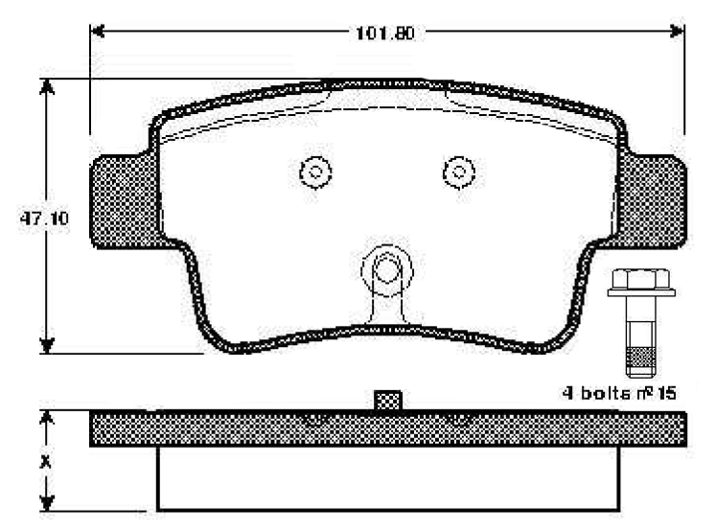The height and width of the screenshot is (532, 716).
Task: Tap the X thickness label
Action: [43, 460]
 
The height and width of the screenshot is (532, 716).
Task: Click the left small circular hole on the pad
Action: [314, 173]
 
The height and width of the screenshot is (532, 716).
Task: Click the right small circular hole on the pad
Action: [459, 173]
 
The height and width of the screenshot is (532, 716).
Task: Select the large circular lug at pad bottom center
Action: [386, 268]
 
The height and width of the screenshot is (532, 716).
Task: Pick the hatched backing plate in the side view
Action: [240, 429]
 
